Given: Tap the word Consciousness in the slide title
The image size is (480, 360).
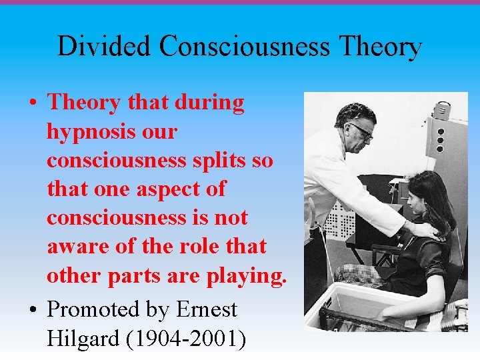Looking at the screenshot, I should (245, 47).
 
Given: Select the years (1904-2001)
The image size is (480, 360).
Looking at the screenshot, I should (185, 339).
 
